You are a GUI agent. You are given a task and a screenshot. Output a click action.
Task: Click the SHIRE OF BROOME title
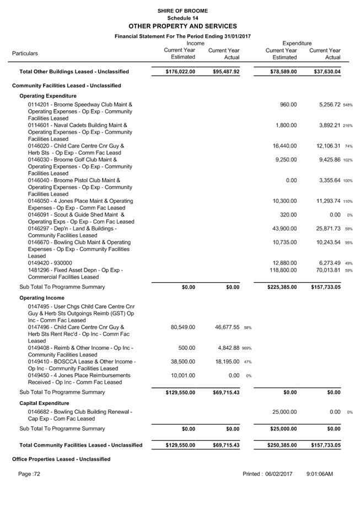click(x=182, y=11)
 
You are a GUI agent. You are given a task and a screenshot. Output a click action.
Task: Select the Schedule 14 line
click(x=182, y=18)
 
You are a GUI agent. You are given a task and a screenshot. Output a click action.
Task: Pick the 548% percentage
click(x=347, y=105)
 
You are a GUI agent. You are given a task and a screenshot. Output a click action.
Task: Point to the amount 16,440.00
click(x=285, y=146)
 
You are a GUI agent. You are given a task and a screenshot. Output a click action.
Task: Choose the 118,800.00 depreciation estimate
click(x=283, y=270)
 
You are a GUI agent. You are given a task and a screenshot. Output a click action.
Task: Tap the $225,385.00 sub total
click(x=279, y=287)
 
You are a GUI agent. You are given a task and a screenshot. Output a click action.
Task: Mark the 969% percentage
click(x=247, y=348)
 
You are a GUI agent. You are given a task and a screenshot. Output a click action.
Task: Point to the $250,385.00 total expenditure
click(x=279, y=445)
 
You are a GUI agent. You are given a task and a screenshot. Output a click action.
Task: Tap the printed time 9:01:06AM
click(x=319, y=474)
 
